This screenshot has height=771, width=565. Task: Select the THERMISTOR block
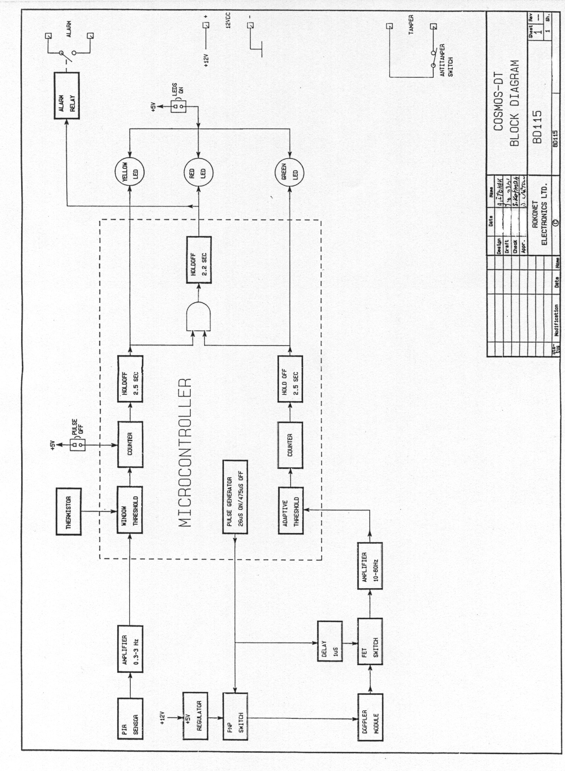[x=69, y=512]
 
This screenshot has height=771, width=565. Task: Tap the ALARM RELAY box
[x=67, y=96]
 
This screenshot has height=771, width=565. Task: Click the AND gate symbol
[x=198, y=316]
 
